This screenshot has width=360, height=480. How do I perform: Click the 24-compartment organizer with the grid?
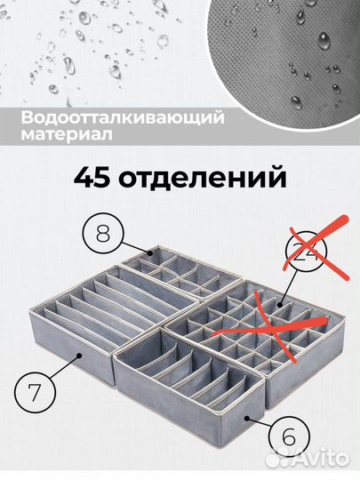pyautogui.click(x=267, y=333)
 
